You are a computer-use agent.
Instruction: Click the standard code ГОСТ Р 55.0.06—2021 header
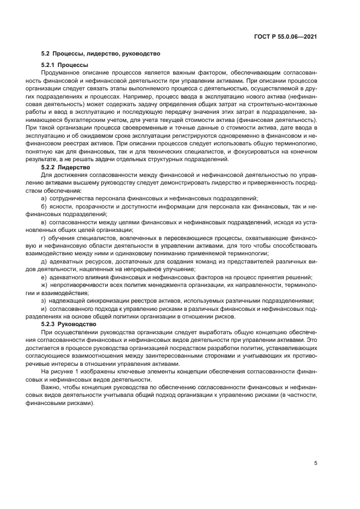click(x=286, y=37)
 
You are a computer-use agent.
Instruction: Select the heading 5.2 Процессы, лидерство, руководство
click(x=100, y=54)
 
